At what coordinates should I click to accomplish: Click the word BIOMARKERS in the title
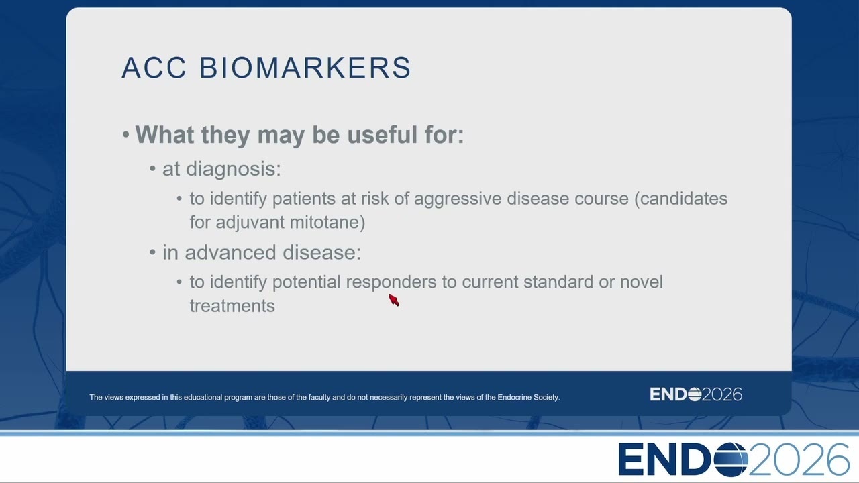click(305, 68)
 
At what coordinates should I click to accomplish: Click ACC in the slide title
click(154, 68)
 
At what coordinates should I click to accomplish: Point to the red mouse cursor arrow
click(394, 300)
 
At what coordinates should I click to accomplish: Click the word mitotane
click(327, 223)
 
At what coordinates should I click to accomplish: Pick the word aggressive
click(458, 199)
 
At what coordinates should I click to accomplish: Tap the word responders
click(391, 283)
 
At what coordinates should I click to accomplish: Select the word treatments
click(232, 307)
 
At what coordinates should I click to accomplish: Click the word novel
click(642, 282)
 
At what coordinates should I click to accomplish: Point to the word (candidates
click(680, 199)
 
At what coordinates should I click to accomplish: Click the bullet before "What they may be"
click(125, 135)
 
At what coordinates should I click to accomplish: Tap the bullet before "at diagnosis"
click(152, 168)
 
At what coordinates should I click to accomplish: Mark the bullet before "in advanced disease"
click(152, 252)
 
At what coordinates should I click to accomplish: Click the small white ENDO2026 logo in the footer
click(696, 394)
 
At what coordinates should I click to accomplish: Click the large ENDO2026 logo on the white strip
click(734, 460)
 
